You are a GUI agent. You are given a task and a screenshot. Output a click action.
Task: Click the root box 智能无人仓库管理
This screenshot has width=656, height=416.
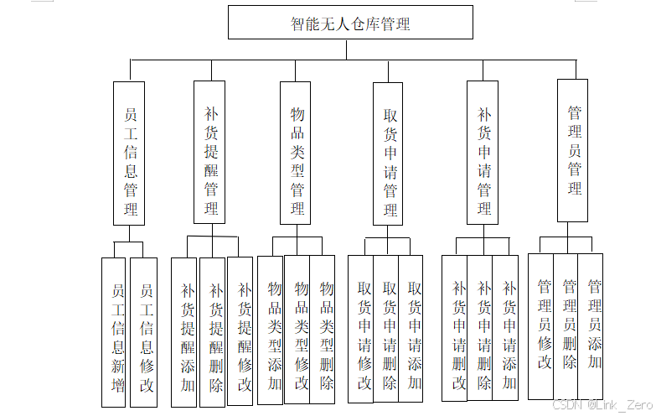[349, 23]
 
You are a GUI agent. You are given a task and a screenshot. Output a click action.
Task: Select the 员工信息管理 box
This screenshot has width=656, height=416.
[129, 153]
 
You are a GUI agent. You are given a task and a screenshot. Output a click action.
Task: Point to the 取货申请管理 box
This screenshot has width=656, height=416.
[389, 153]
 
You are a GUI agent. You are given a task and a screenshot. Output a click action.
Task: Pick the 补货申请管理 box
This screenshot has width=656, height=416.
[483, 153]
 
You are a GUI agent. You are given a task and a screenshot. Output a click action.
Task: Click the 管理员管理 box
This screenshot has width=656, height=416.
[573, 150]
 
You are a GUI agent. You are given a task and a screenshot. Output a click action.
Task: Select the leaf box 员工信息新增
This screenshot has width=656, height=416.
[116, 331]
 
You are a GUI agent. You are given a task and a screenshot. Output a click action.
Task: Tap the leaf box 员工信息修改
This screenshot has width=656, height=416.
[145, 331]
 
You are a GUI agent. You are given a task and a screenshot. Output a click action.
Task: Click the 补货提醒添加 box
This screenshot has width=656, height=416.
[185, 331]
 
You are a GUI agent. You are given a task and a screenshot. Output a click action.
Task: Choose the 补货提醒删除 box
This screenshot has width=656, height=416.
[214, 331]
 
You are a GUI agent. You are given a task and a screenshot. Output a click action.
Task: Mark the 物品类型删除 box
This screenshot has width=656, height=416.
[324, 329]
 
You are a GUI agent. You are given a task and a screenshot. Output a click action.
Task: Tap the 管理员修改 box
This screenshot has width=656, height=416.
[542, 325]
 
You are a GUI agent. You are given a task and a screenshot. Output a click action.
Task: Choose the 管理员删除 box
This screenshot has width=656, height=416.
[567, 325]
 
